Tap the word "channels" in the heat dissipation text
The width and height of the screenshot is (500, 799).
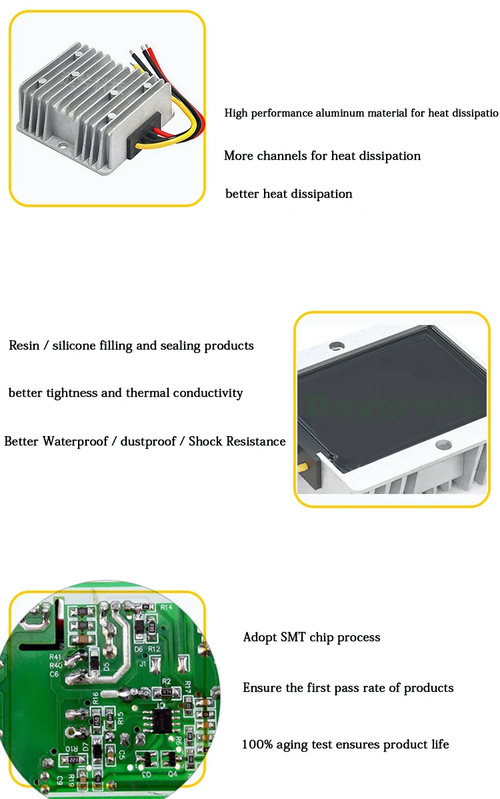pos(283,156)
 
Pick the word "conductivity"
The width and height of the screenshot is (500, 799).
pos(208,393)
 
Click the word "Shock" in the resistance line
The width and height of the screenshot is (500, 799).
pos(205,441)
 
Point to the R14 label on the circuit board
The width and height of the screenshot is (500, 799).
pos(167,607)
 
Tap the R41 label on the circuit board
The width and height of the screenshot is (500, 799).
pos(55,657)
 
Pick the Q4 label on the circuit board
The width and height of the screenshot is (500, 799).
pos(173,774)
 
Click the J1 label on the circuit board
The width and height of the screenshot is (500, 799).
pos(142,664)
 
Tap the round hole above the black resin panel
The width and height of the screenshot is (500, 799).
pos(337,346)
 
